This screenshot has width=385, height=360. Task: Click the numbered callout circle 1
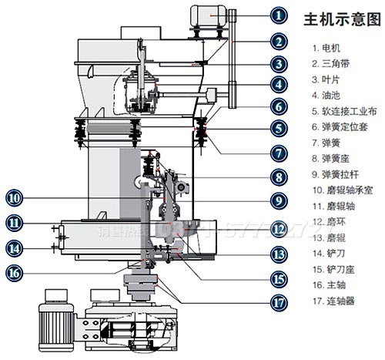tap(258, 14)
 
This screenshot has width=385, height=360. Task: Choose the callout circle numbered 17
tap(258, 302)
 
